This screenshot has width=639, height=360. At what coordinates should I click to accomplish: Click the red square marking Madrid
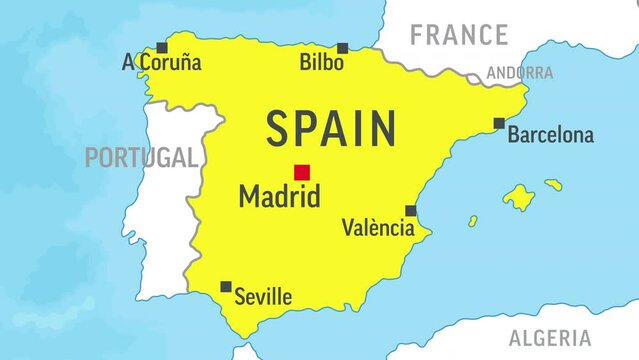(x=302, y=172)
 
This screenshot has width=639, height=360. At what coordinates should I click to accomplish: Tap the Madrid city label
(x=279, y=196)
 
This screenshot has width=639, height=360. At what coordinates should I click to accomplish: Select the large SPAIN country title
(x=331, y=129)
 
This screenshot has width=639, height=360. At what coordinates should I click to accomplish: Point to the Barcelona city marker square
(x=499, y=123)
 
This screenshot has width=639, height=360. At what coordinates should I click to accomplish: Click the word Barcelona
(x=550, y=135)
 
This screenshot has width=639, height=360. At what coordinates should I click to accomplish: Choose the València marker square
(x=410, y=211)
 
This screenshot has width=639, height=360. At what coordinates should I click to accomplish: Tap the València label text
(x=378, y=228)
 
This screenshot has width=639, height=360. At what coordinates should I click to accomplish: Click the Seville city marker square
(x=226, y=286)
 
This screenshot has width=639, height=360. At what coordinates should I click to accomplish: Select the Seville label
(x=263, y=297)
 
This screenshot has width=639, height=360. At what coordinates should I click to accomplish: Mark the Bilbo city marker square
(x=342, y=48)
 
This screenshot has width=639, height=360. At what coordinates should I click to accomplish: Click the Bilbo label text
(x=322, y=63)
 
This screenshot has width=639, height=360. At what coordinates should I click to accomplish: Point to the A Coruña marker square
(x=162, y=47)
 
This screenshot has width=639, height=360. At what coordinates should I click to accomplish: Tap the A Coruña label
(x=161, y=63)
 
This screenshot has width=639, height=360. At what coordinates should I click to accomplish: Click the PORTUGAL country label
(x=140, y=157)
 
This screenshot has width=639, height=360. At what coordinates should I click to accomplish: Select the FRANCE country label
(x=459, y=36)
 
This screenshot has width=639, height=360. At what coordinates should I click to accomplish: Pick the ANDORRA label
(x=519, y=73)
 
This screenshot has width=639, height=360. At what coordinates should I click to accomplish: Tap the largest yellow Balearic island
(x=518, y=197)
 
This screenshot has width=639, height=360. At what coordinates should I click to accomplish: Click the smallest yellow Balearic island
(x=473, y=221)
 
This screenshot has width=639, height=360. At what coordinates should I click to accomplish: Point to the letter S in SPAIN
(x=278, y=129)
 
